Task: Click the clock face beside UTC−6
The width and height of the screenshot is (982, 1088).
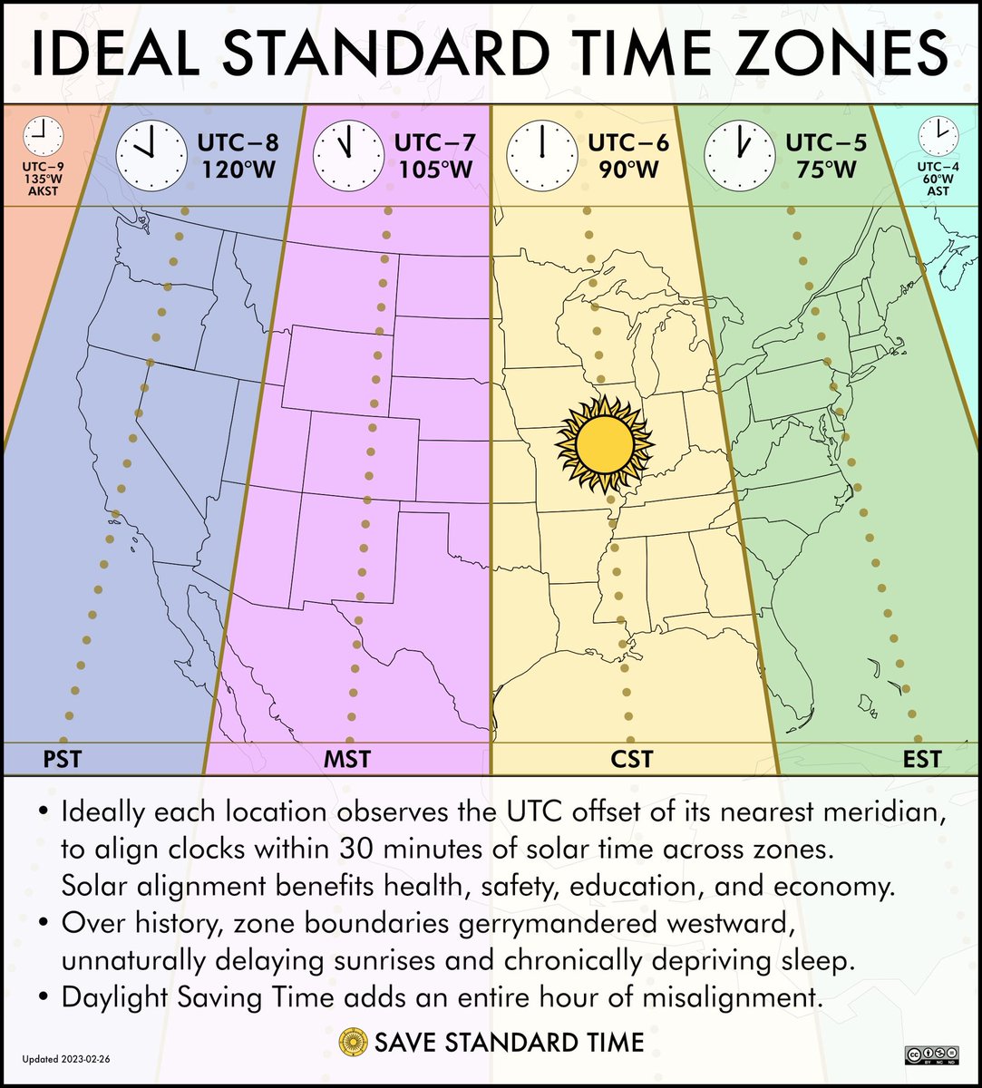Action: [541, 154]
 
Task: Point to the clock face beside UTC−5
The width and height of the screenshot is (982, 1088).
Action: [739, 154]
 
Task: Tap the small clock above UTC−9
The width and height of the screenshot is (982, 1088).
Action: [43, 137]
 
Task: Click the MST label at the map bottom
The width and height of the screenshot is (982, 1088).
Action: [346, 758]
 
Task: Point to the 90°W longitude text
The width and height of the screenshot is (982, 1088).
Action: [624, 170]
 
